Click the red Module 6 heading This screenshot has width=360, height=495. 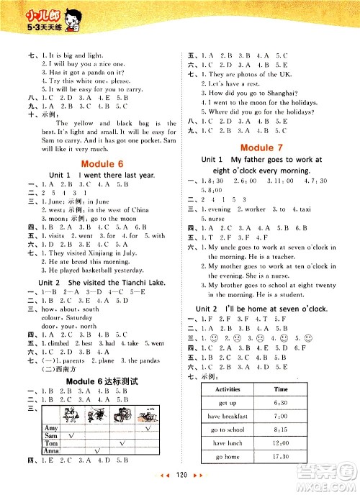click(x=91, y=162)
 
